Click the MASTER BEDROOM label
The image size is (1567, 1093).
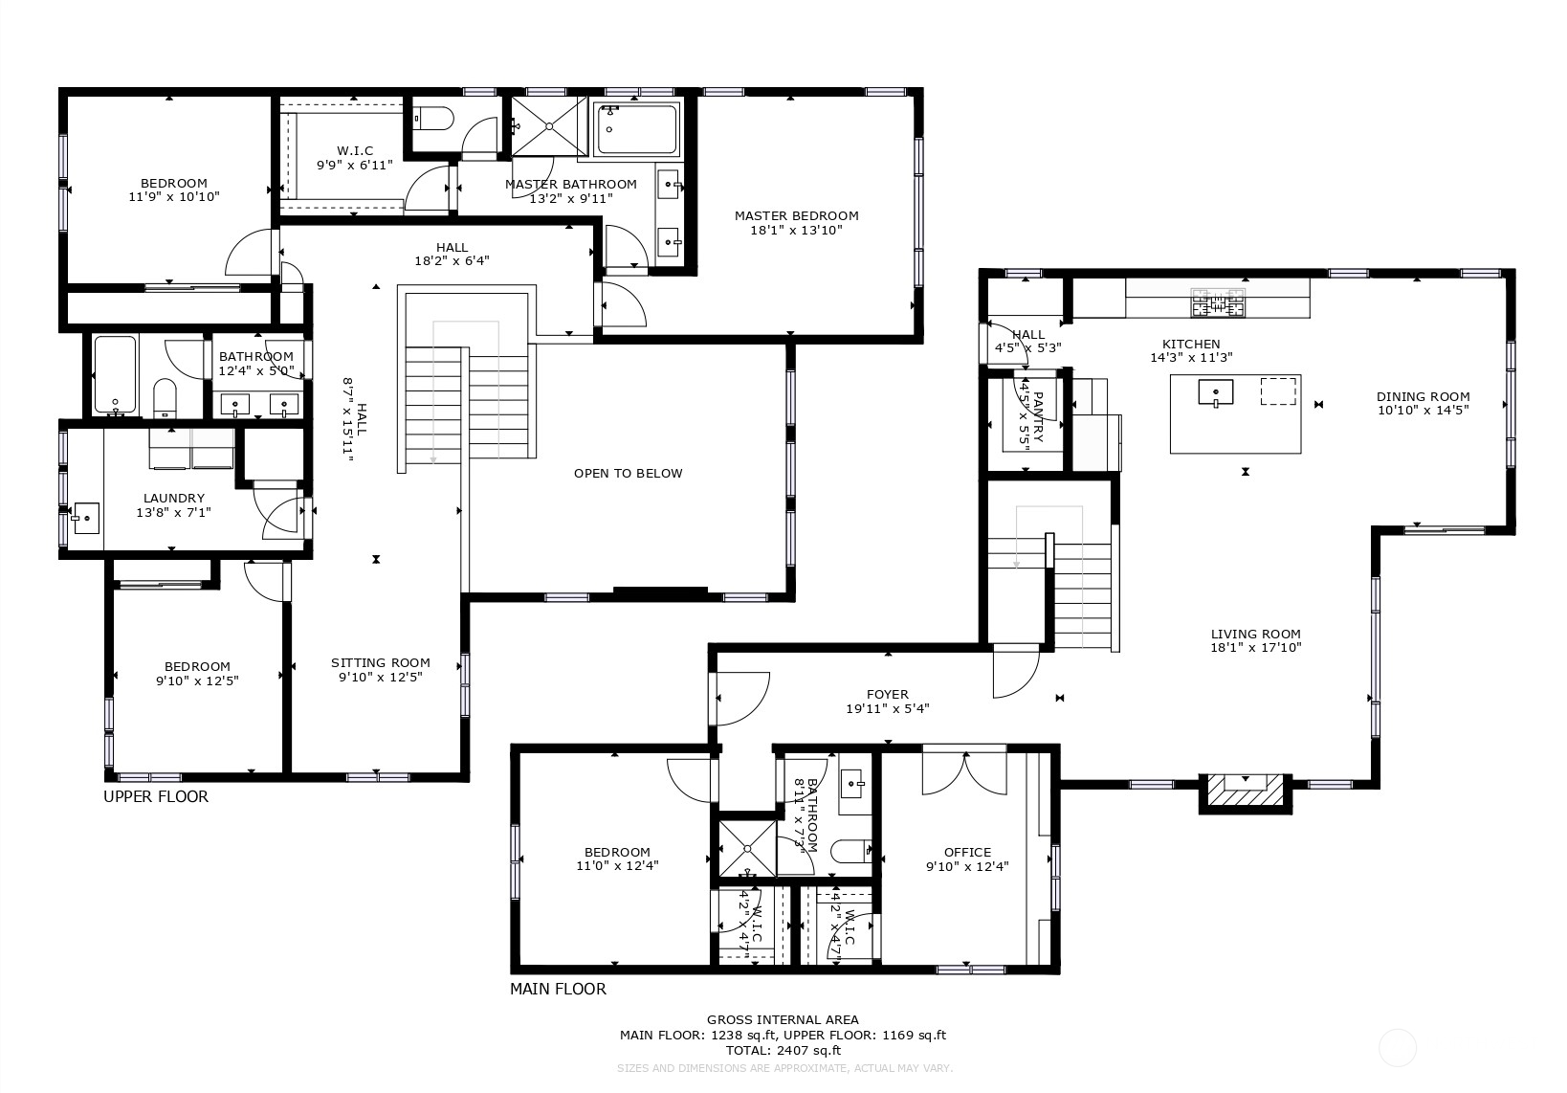pos(796,216)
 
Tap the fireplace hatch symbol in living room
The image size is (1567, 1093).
pos(1245,792)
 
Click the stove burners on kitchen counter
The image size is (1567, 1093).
pos(1218,301)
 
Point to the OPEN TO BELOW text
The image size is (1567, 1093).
pos(628,473)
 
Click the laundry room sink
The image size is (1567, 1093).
pos(85,518)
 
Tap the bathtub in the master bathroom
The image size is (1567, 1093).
pos(636,130)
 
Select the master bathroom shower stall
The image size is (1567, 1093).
pos(547,124)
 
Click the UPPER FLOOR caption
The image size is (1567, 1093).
pos(155,796)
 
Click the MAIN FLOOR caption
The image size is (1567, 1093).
pos(558,989)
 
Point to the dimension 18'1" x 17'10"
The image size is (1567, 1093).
pos(1255,648)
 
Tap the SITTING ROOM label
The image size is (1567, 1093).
pos(380,662)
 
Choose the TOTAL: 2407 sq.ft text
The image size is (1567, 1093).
pos(782,1050)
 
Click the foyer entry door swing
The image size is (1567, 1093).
pos(739,699)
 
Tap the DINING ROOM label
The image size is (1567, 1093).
pos(1423,396)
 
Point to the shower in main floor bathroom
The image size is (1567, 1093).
pos(746,846)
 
